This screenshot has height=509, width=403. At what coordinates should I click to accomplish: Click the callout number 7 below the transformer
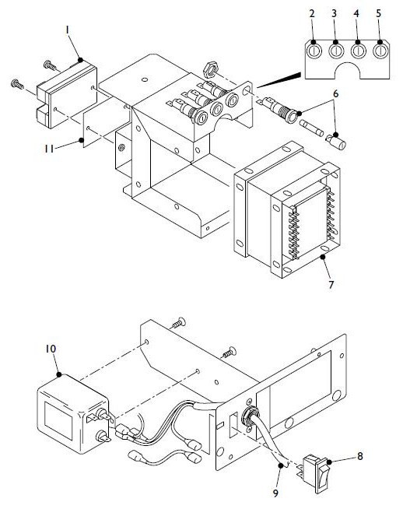[331, 285]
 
